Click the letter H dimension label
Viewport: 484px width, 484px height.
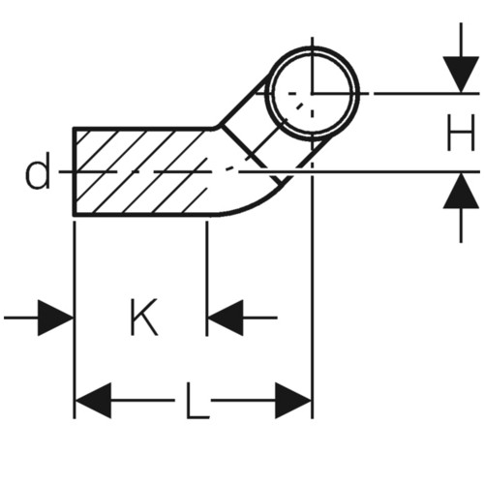coord(461,133)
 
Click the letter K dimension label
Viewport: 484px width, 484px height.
coord(144,318)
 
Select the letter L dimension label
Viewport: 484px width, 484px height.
coord(197,400)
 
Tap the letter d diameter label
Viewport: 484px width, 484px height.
coord(38,170)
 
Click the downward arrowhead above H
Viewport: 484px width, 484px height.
coord(461,75)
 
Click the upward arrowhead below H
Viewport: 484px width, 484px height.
coord(461,191)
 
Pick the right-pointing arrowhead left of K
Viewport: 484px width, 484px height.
coord(56,318)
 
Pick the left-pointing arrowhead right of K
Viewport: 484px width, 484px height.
coord(226,318)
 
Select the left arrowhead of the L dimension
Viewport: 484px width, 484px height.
coord(93,401)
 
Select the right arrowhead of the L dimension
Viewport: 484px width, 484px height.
coord(293,401)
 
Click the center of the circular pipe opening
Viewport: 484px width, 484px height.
coord(312,94)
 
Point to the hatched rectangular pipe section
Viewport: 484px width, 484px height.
coord(142,171)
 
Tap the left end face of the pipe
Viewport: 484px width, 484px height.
coord(75,171)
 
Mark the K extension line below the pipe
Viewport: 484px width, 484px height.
coord(207,279)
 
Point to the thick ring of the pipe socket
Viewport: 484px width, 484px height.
coord(312,47)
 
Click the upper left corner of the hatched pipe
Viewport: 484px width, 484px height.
coord(75,129)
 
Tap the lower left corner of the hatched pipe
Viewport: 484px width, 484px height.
coord(75,215)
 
